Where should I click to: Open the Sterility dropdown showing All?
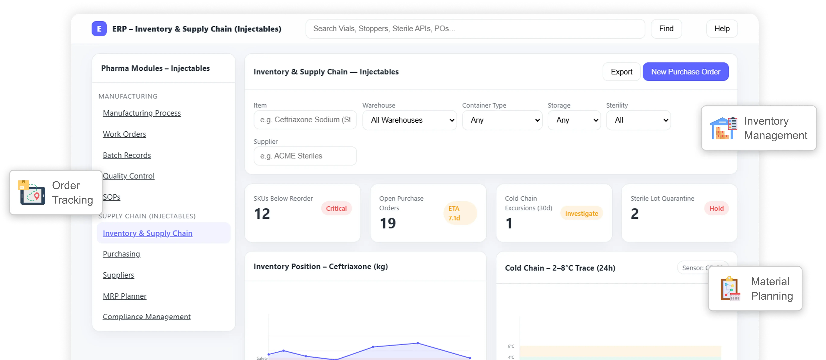[638, 120]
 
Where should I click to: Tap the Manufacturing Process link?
[142, 113]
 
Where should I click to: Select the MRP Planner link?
[124, 296]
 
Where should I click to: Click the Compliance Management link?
[147, 317]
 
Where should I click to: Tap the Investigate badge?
[581, 213]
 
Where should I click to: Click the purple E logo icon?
[99, 29]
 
